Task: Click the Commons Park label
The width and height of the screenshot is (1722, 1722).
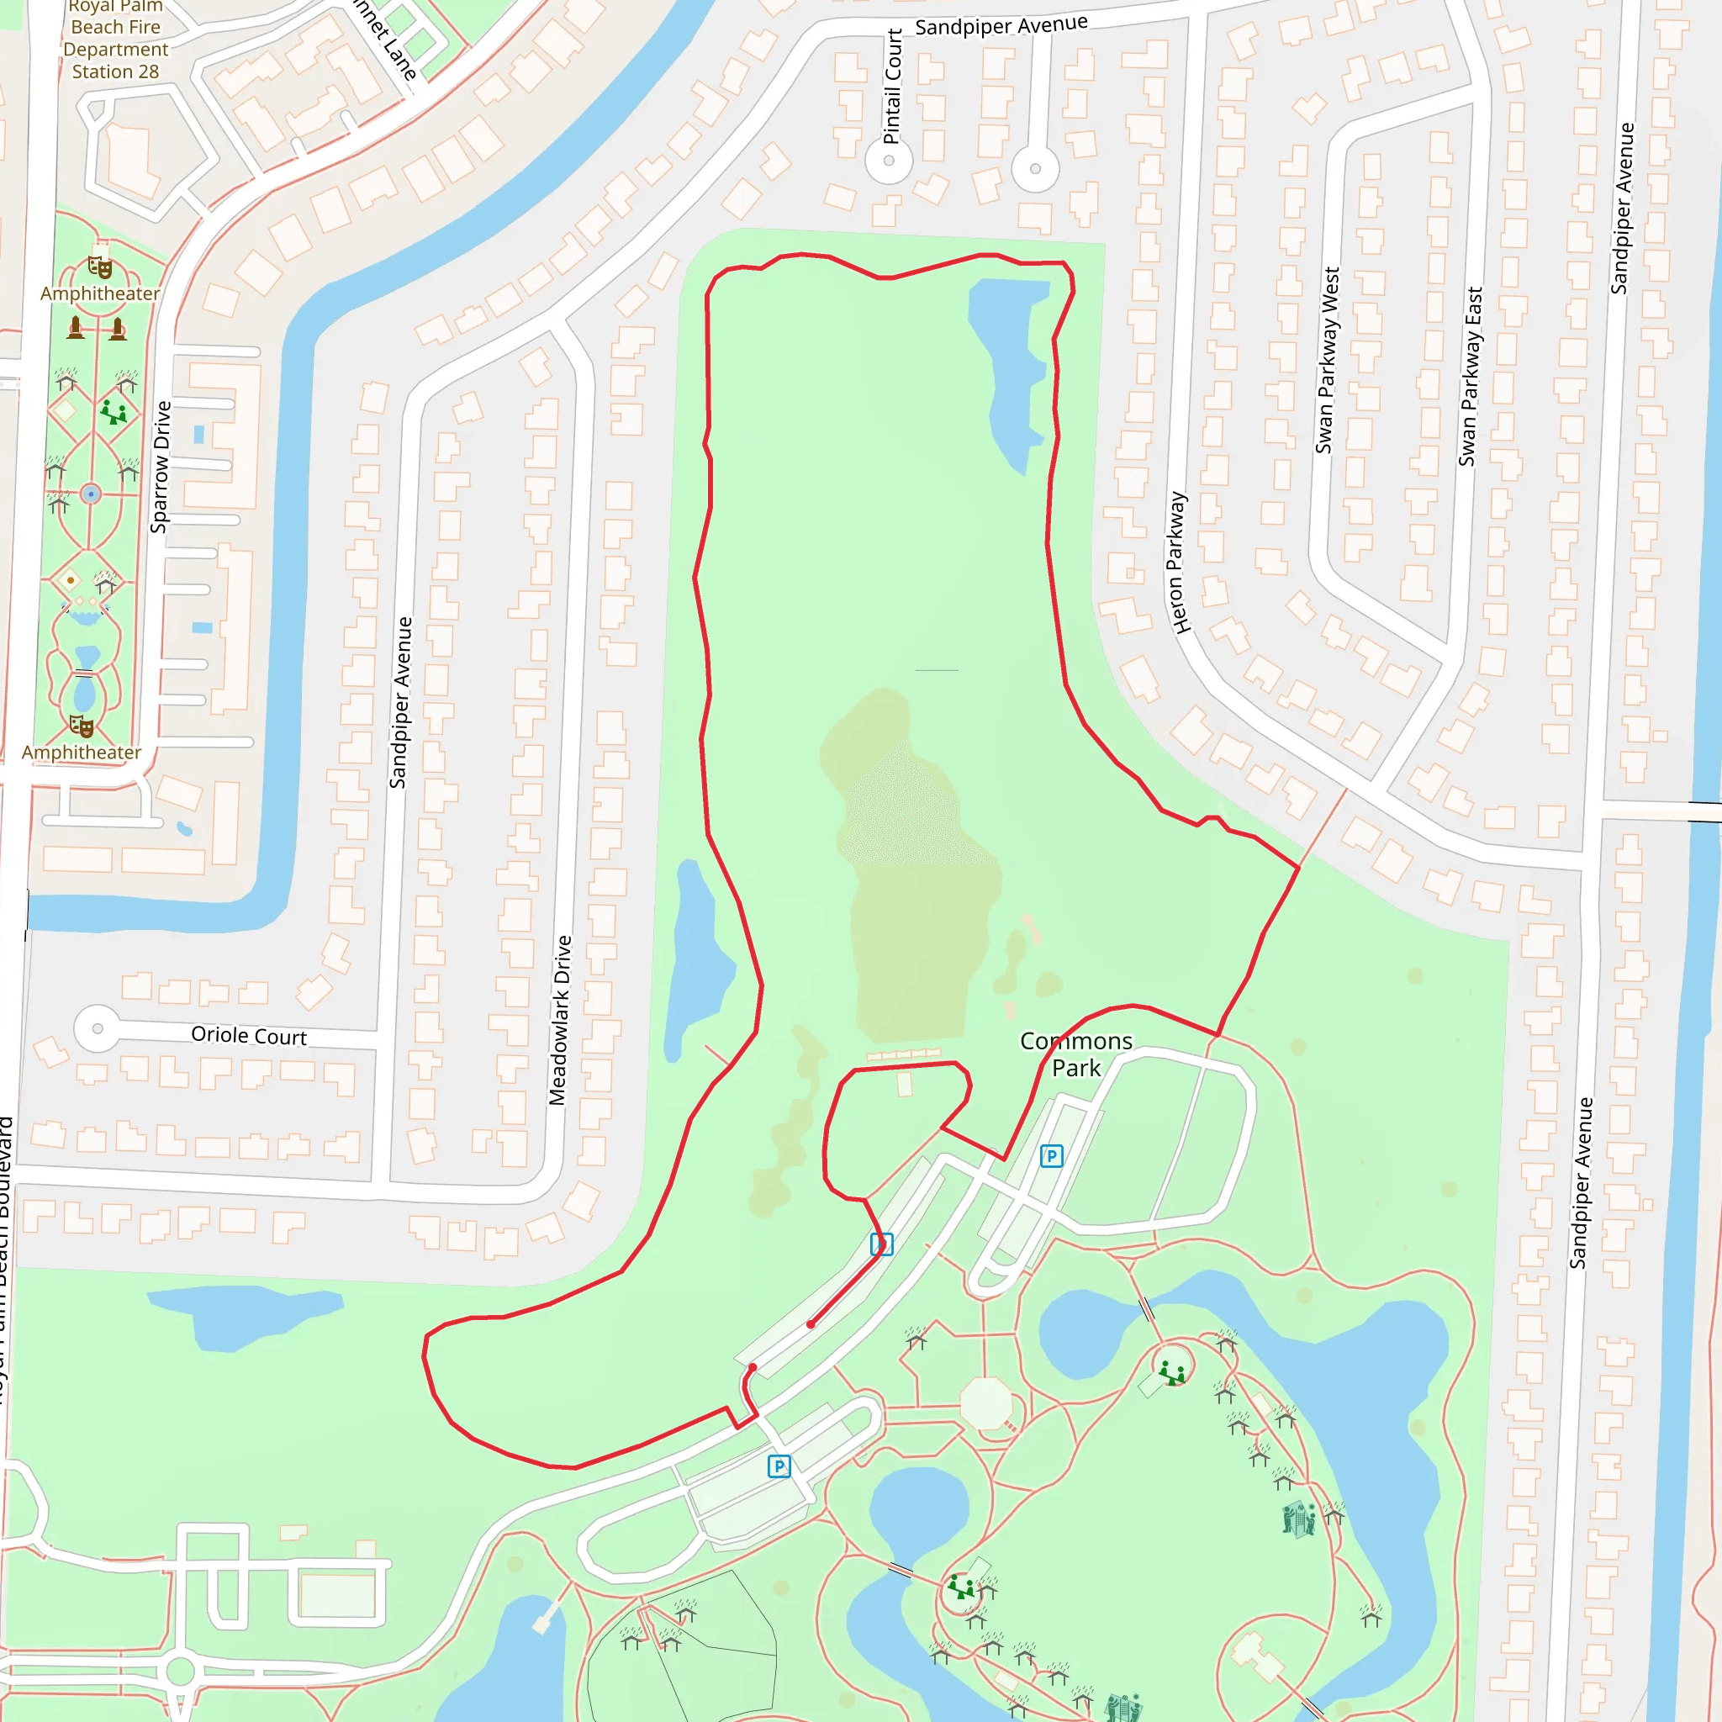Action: (1075, 1054)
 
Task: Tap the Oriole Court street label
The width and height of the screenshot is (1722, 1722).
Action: (249, 1036)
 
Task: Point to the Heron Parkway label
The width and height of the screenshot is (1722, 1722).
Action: (1178, 563)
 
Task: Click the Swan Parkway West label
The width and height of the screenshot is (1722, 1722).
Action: (1328, 360)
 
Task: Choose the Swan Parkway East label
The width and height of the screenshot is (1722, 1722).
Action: (1470, 376)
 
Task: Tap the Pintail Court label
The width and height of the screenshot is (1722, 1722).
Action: (892, 87)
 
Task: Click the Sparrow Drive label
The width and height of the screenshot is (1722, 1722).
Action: (161, 467)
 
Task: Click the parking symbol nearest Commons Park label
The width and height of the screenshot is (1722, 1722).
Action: (1052, 1156)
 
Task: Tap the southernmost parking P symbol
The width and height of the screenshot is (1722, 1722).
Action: (779, 1466)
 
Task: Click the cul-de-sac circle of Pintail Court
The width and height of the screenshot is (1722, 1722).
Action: (889, 161)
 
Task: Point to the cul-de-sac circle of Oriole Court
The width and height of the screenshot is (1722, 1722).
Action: (98, 1028)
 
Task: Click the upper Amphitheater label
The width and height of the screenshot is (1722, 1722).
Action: (100, 293)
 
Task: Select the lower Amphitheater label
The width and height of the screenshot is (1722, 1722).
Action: (81, 753)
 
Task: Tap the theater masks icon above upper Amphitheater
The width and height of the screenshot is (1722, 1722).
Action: (100, 267)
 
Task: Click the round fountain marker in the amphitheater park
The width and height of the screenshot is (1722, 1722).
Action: (91, 494)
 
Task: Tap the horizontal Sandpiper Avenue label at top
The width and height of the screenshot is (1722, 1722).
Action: (1001, 25)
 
